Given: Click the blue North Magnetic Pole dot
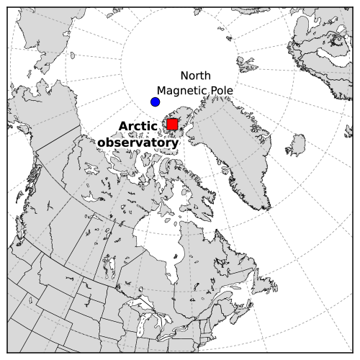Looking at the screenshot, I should (x=155, y=102).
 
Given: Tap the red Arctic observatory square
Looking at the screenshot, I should (x=172, y=125).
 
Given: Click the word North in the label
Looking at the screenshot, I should (x=195, y=76).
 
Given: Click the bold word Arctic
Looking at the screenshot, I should (x=138, y=127).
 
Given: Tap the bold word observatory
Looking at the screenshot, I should (x=138, y=143).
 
